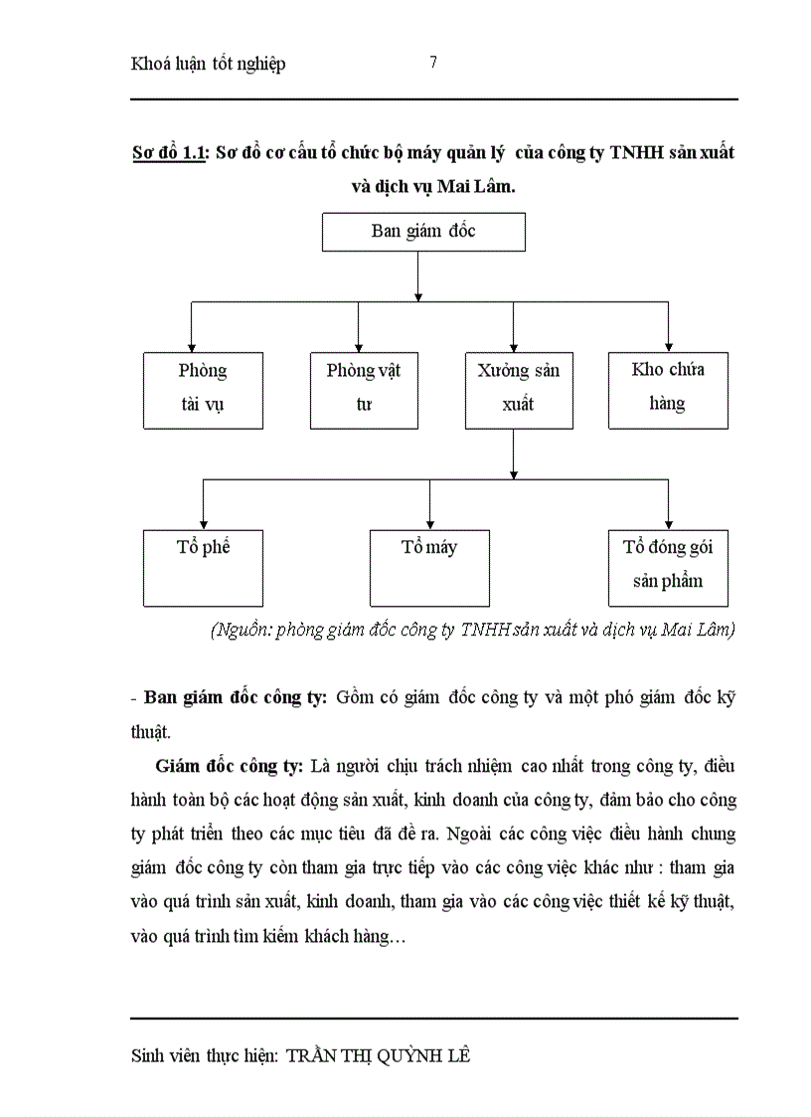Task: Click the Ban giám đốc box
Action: coord(423,232)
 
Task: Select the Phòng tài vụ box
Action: coord(203,389)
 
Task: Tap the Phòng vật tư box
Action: coord(363,389)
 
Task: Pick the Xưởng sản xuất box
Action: coord(518,389)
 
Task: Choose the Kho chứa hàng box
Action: coord(668,389)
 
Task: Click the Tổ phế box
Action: coord(203,567)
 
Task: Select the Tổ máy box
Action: coord(429,567)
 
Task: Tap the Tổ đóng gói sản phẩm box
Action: coord(668,567)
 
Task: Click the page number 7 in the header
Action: coord(433,63)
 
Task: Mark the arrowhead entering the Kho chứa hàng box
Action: coord(668,345)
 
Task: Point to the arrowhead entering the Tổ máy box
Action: coord(429,523)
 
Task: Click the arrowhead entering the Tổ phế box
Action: coord(203,523)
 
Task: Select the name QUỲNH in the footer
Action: coord(406,1056)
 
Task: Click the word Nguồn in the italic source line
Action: coord(242,630)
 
